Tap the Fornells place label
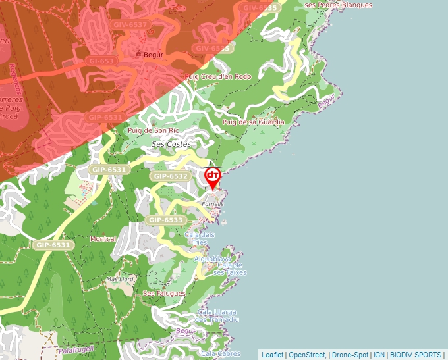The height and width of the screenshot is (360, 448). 213,204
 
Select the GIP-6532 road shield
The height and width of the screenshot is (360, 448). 170,176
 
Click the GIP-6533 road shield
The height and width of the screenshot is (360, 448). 165,220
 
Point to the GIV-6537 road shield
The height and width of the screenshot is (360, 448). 130,25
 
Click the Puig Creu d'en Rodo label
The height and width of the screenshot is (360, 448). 218,77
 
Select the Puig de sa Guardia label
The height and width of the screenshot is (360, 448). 254,122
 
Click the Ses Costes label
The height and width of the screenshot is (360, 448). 171,144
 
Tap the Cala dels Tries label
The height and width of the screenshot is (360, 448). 200,238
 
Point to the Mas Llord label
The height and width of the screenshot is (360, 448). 120,279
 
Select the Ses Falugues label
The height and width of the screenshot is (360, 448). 164,294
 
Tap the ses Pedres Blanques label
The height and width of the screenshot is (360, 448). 339,5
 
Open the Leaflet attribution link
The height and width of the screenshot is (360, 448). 272,355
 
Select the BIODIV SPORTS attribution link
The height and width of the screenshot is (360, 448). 415,355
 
